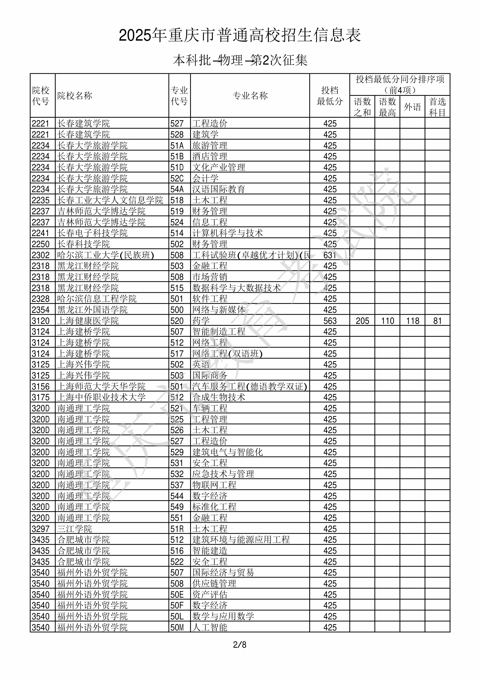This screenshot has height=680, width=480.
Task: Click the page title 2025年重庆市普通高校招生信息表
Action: click(x=240, y=36)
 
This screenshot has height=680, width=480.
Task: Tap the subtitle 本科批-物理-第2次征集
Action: click(x=240, y=60)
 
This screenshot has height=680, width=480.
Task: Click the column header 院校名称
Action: click(x=75, y=96)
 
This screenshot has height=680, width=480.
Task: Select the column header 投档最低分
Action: click(x=330, y=96)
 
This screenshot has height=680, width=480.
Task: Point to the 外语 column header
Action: click(x=413, y=107)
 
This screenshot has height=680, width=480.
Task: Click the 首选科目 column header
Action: click(x=438, y=107)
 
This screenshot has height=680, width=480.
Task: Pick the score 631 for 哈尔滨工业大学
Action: click(x=330, y=255)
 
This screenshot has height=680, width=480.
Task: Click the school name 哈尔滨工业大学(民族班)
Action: click(x=106, y=255)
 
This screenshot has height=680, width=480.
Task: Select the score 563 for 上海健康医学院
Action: click(x=330, y=321)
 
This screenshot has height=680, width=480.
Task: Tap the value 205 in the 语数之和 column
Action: click(x=362, y=321)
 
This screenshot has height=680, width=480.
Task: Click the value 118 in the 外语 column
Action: click(x=413, y=321)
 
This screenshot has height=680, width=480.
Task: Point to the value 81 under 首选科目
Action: click(x=438, y=321)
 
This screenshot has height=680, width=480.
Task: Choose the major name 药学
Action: click(x=201, y=321)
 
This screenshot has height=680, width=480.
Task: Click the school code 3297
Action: click(x=41, y=529)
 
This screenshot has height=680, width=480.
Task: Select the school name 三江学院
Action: click(x=74, y=529)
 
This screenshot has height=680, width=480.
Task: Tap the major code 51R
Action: click(x=177, y=529)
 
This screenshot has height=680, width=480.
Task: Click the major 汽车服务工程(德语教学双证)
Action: click(x=250, y=387)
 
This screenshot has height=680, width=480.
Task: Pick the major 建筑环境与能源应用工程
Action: click(x=241, y=540)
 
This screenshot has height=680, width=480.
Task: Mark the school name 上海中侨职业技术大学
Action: click(x=101, y=397)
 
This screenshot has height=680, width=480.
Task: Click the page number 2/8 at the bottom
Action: click(x=240, y=645)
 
